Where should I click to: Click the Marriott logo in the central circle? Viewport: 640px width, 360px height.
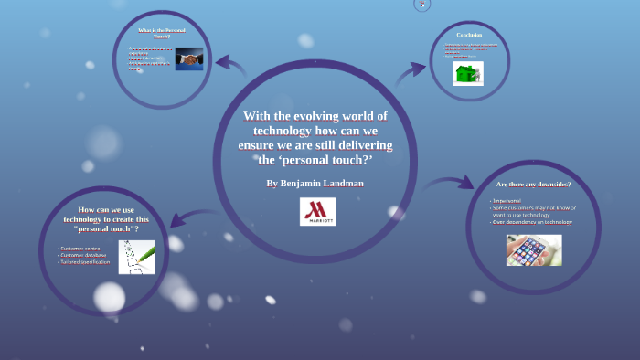[x=317, y=211]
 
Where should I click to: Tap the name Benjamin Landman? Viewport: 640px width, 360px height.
[x=315, y=184]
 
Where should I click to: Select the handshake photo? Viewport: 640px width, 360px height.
[x=189, y=59]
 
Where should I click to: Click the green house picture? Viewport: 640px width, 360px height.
[x=467, y=73]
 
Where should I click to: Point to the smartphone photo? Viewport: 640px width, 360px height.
[x=534, y=249]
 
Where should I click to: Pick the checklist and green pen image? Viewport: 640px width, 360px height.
[x=136, y=257]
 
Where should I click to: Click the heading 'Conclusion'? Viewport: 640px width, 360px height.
[x=469, y=34]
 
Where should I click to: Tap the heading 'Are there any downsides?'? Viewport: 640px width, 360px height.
[x=533, y=185]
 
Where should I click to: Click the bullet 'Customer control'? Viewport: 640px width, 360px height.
[x=81, y=249]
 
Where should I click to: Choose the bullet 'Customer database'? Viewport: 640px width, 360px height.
[x=83, y=255]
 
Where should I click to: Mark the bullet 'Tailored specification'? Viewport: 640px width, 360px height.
[x=85, y=262]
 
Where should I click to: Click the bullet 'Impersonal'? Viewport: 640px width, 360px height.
[x=507, y=201]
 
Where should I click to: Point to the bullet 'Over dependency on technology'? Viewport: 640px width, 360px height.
[x=533, y=222]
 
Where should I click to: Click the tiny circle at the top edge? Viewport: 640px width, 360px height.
[x=421, y=5]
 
